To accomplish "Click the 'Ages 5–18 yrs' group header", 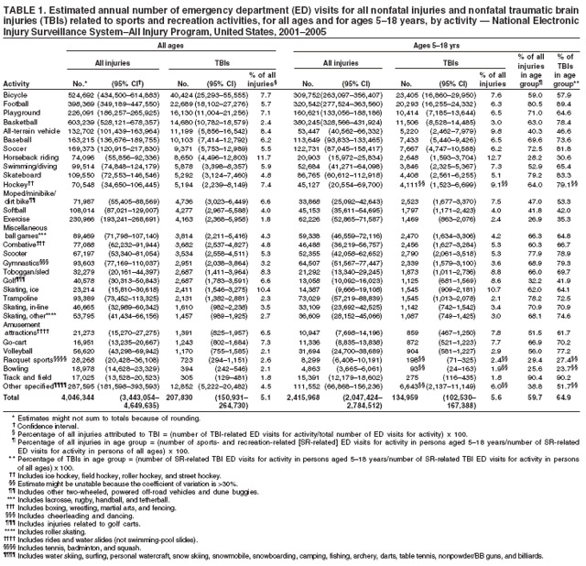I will point(427,43).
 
